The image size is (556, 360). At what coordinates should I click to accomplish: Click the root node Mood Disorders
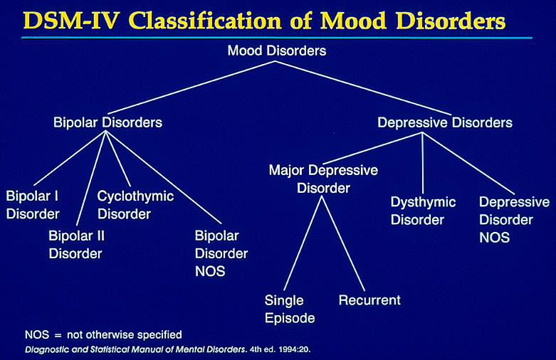277,51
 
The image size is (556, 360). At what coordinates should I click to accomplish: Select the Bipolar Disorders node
107,122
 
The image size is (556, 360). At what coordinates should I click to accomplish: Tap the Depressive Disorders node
444,122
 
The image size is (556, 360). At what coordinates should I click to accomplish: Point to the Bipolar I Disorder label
33,203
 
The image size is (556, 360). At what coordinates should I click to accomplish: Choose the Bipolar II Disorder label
75,243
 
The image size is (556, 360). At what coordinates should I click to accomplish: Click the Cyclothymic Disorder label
135,203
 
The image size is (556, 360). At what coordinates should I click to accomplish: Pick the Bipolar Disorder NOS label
221,253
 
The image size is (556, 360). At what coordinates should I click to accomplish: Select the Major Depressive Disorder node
323,179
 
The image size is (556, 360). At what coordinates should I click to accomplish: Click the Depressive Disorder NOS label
505,219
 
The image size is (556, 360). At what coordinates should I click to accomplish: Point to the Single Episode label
290,308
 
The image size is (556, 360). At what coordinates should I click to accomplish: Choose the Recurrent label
369,300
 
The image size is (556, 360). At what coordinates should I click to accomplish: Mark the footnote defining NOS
104,334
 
